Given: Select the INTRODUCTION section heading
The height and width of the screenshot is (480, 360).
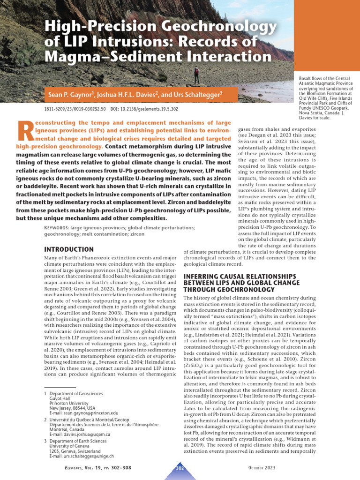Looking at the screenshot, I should pos(68,249).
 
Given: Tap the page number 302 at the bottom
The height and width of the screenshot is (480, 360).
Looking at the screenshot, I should pos(180,468).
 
